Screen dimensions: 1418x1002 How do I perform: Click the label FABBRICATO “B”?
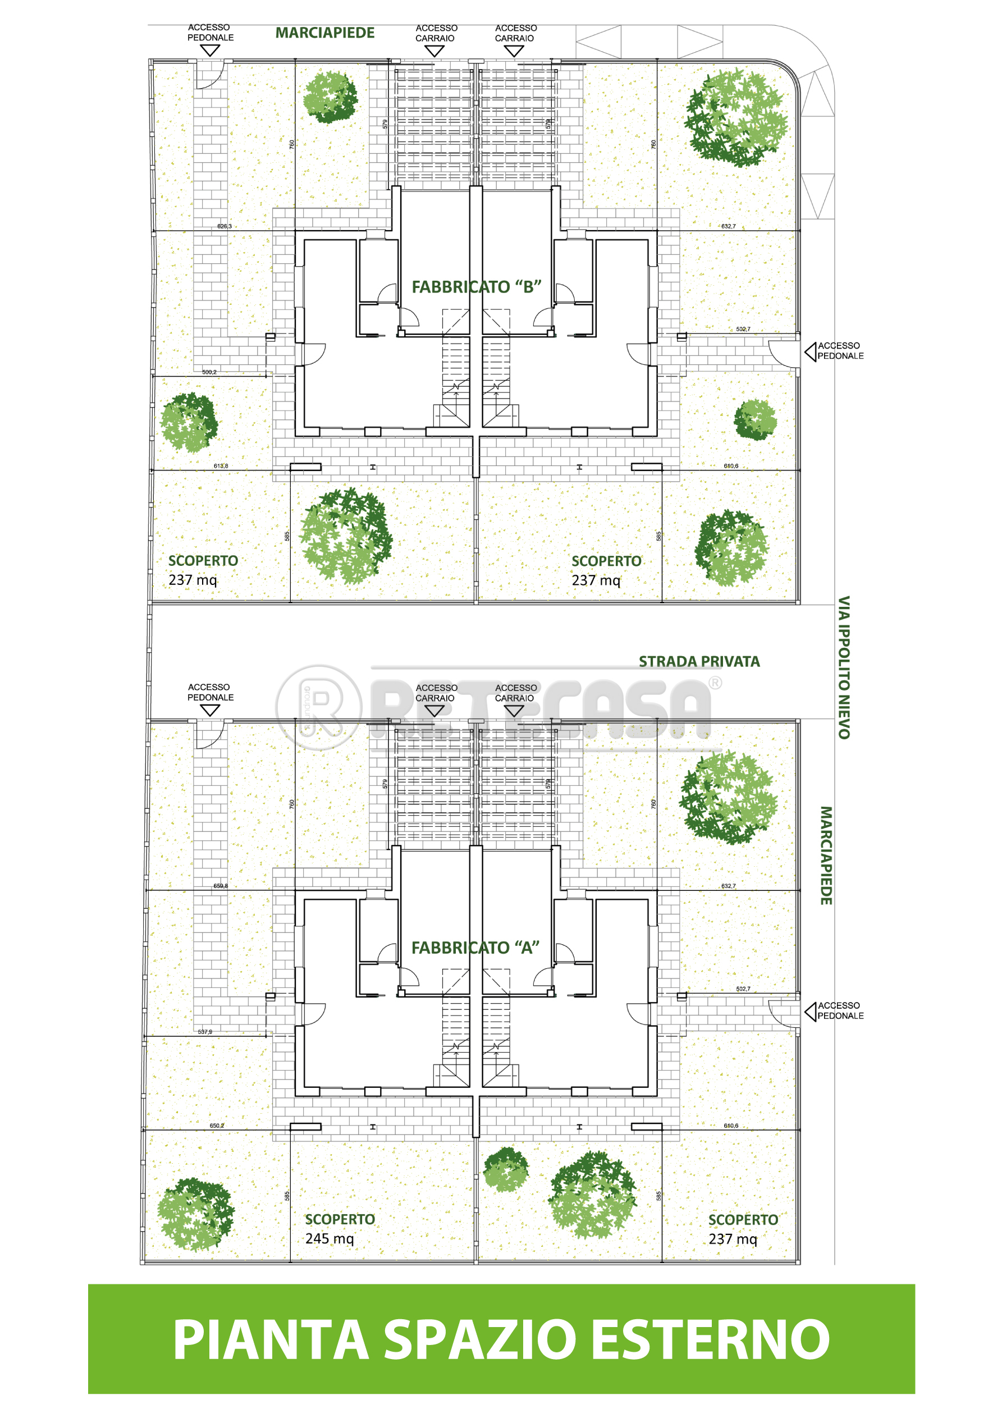click(475, 287)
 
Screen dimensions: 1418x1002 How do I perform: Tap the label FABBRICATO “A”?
click(475, 948)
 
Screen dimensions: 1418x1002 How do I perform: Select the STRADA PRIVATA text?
click(699, 661)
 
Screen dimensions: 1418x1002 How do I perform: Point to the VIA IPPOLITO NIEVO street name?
click(843, 667)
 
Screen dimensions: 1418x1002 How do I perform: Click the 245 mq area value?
click(330, 1238)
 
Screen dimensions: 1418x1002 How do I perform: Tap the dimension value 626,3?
click(224, 227)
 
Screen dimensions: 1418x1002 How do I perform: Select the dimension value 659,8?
click(221, 886)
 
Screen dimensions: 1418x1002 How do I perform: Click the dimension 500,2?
click(209, 372)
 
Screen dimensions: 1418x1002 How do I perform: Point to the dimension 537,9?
click(205, 1032)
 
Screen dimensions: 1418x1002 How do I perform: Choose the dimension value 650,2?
click(217, 1126)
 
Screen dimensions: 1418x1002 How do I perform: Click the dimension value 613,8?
click(221, 466)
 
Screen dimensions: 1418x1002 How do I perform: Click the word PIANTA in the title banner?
click(271, 1339)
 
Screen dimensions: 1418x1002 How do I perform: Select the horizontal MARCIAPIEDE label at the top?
click(325, 33)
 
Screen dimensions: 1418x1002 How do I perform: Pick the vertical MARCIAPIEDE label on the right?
click(826, 856)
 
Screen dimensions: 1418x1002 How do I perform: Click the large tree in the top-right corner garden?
click(735, 117)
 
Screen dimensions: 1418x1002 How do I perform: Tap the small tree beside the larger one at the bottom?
click(506, 1169)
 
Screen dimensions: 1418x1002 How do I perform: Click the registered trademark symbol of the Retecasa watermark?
click(715, 683)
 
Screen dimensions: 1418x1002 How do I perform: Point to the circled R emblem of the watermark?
click(319, 707)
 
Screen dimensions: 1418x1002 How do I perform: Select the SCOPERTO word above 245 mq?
click(340, 1219)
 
